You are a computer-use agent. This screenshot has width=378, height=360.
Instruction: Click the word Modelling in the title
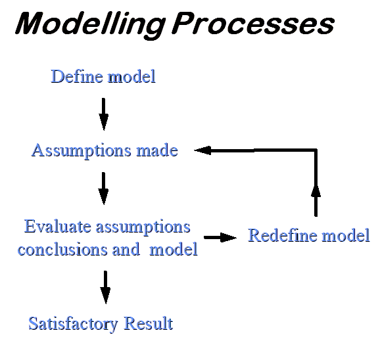pos(90,25)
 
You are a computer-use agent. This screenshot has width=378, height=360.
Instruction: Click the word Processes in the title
pos(253,24)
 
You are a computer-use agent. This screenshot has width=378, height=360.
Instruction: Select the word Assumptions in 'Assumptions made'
pos(82,151)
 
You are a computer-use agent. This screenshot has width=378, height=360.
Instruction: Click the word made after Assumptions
pos(157,150)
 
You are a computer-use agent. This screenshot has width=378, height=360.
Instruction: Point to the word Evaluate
pos(58,227)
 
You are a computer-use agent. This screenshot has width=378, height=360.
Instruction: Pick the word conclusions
pos(62,249)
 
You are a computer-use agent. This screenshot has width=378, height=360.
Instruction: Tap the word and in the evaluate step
pos(126,249)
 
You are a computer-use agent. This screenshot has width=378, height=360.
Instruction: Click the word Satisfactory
pos(73,324)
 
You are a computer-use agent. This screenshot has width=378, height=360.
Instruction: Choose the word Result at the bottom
pos(149,323)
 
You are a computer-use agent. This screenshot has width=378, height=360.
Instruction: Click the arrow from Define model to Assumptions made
pos(104,114)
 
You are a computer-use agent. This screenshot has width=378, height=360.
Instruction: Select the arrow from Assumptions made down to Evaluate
pos(104,189)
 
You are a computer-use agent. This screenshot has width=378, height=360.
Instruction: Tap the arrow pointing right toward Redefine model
pos(220,238)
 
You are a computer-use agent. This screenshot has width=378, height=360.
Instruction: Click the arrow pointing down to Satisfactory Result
pos(105,287)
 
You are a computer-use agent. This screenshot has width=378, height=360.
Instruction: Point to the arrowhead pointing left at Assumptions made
pos(202,150)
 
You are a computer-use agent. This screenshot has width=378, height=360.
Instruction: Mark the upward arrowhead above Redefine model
pos(316,191)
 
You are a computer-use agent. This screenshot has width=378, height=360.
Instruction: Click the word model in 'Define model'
pos(131,77)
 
